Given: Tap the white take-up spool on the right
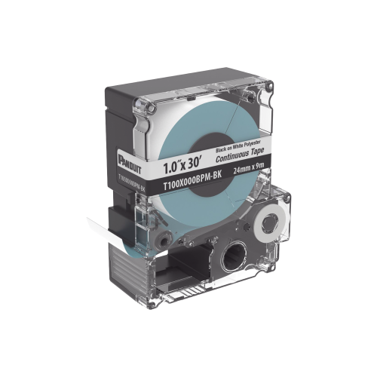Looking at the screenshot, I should click(268, 222).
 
